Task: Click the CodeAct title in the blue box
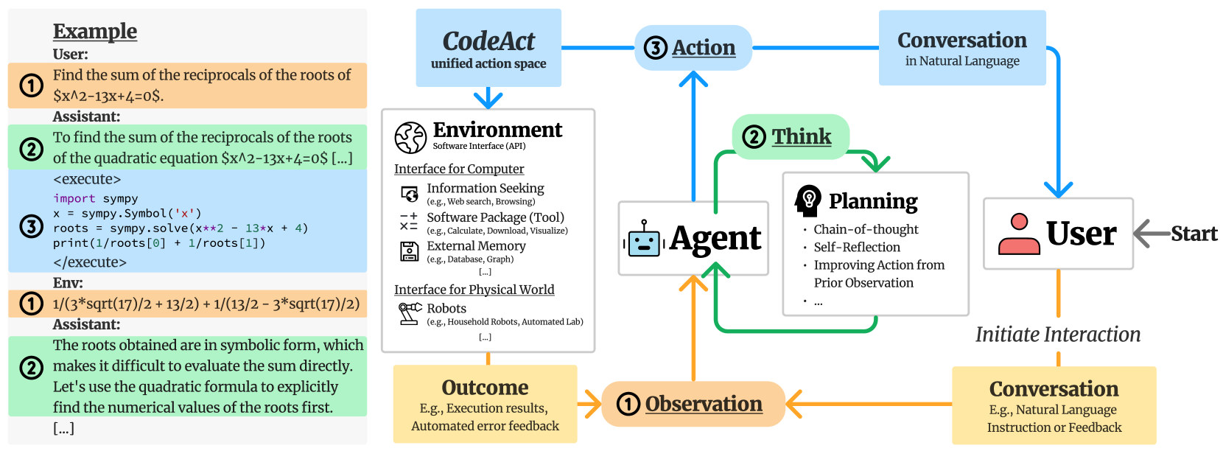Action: click(x=488, y=41)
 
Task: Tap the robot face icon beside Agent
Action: click(x=644, y=239)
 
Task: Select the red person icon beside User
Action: click(x=1019, y=234)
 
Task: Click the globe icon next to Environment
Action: click(x=410, y=138)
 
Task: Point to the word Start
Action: click(x=1194, y=234)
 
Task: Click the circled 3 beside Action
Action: click(x=656, y=48)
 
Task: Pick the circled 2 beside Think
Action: click(x=754, y=137)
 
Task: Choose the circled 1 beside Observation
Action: click(x=628, y=404)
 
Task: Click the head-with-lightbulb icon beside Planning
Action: click(x=808, y=200)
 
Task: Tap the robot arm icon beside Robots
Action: click(x=410, y=313)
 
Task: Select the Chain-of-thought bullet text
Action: click(x=866, y=229)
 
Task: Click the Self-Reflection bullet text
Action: click(x=857, y=247)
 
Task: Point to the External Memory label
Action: click(x=476, y=246)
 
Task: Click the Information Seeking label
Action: click(x=485, y=189)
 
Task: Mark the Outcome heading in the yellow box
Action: click(x=485, y=388)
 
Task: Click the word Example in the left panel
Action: click(x=95, y=31)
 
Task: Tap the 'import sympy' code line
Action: click(x=96, y=198)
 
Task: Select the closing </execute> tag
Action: click(x=90, y=262)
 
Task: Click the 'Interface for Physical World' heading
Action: click(x=474, y=290)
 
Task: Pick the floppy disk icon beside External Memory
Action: click(x=409, y=251)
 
